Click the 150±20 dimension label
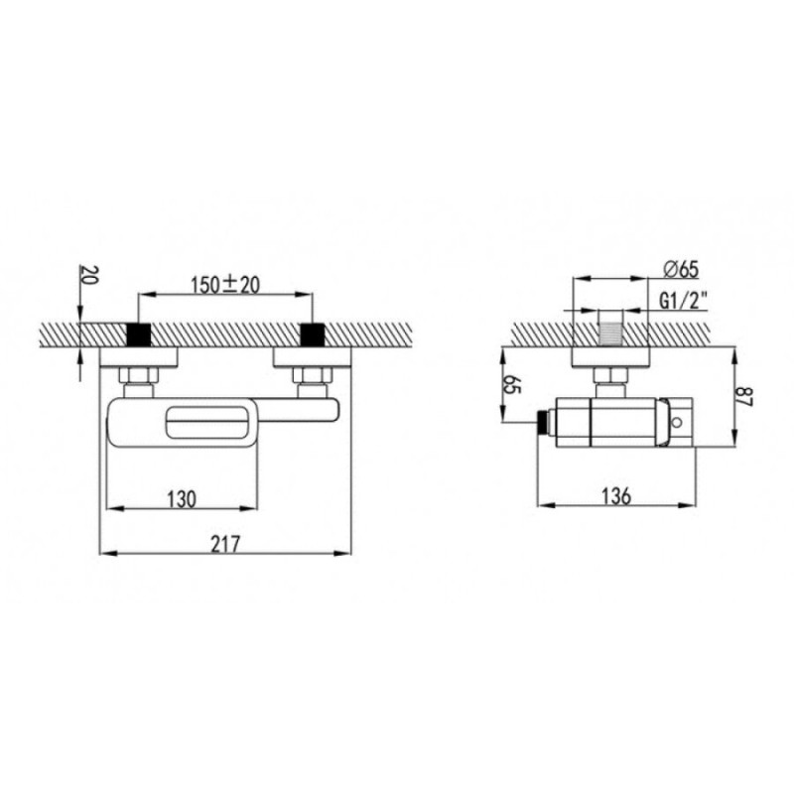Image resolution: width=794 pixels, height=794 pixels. tap(225, 285)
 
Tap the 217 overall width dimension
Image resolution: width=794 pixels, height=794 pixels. tap(225, 545)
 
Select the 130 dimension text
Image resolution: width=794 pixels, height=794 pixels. tap(182, 499)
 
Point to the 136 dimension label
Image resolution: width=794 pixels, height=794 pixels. tap(616, 496)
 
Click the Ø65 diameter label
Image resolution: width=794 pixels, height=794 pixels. tap(681, 269)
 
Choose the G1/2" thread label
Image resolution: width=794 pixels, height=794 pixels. tap(683, 302)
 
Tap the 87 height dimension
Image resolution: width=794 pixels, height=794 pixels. tap(745, 396)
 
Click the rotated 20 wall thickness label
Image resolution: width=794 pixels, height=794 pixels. tap(87, 276)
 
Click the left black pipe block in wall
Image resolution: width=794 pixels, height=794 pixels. tap(138, 334)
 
